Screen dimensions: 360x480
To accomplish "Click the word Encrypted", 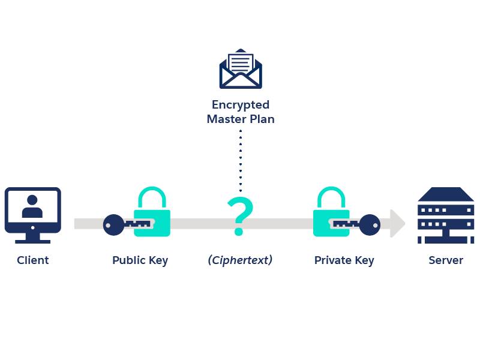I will tap(241, 105).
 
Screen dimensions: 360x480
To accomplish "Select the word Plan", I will tap(262, 119).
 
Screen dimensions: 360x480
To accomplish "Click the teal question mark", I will tap(240, 217).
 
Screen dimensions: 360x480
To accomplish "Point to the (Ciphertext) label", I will tap(240, 260).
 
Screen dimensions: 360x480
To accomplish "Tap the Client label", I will tap(33, 260).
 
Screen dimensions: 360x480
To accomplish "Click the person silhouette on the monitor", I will tap(32, 207).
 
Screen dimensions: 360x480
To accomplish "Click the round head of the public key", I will tap(112, 224).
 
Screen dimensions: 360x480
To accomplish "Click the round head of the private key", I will tap(370, 224).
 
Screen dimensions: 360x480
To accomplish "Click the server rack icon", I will tap(446, 215).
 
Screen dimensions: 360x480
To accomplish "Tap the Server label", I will tap(446, 260).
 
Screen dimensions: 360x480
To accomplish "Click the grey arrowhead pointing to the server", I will tap(397, 223).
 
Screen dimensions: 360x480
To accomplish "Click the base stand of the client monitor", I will tap(33, 239).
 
